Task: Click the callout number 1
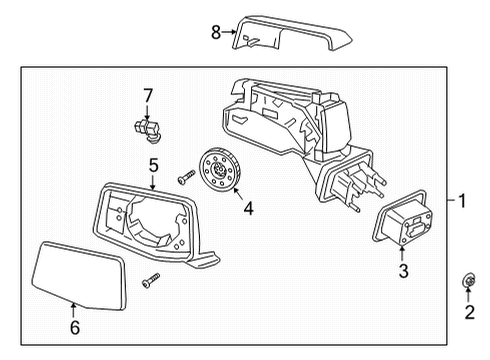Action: coord(462,201)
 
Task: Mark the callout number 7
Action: coord(147,95)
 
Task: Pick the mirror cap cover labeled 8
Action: coord(290,35)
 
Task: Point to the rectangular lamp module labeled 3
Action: coord(404,219)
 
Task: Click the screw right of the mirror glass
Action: coord(150,281)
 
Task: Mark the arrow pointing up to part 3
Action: coord(404,250)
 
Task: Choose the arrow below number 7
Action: coord(147,109)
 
